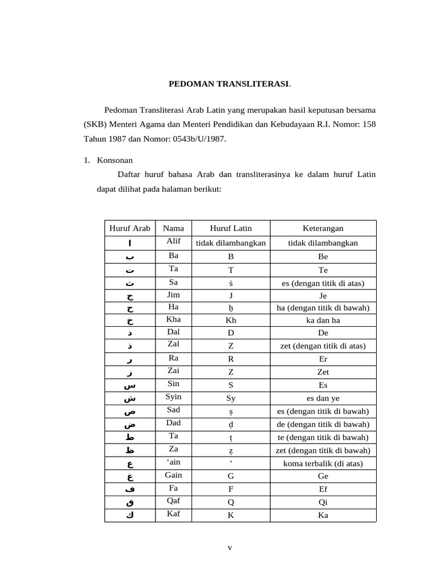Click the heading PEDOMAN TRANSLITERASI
(x=229, y=84)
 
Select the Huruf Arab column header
(x=130, y=228)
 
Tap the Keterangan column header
(x=323, y=228)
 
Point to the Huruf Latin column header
(x=231, y=228)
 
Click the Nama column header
(x=173, y=228)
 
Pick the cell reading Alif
(x=173, y=241)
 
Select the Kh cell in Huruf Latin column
(x=231, y=320)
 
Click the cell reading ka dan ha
(x=323, y=320)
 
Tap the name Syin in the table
(x=173, y=397)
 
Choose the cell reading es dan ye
(x=323, y=398)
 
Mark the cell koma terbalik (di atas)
(x=323, y=464)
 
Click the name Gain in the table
(x=173, y=475)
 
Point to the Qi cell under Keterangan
(x=323, y=502)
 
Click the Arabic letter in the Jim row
(x=130, y=296)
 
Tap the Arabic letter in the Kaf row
(x=130, y=515)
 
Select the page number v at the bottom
(x=230, y=547)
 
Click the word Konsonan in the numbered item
(x=115, y=161)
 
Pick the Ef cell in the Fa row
(x=323, y=489)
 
